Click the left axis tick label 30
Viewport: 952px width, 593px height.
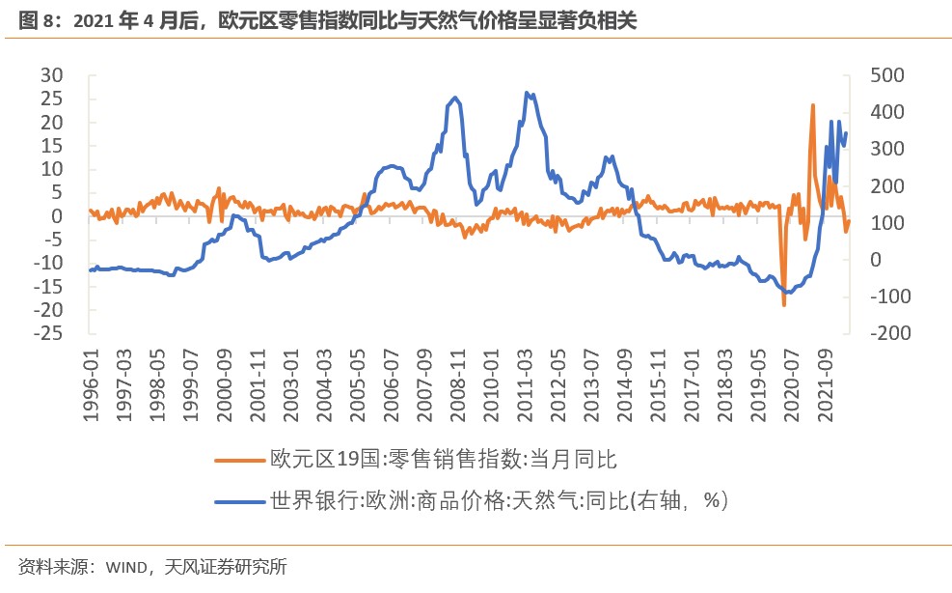(x=49, y=75)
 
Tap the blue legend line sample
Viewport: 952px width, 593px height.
(x=238, y=500)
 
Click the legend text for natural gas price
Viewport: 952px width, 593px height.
(x=499, y=500)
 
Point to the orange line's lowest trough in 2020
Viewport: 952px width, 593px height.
(x=784, y=305)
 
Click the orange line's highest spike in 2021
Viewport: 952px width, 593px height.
(x=812, y=105)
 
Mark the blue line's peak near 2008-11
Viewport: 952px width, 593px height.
(x=455, y=98)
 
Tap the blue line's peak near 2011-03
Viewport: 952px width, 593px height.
(x=527, y=93)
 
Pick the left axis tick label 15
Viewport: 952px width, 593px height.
(x=49, y=146)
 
